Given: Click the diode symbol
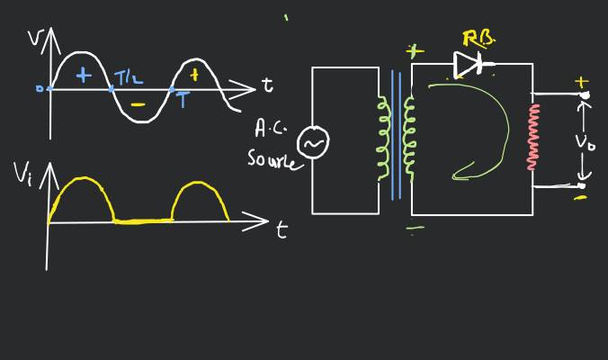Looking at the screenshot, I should click(469, 64).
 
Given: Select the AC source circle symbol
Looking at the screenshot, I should click(313, 142).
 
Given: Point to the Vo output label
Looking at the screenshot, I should click(585, 142).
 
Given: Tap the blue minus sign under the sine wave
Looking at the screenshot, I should click(137, 104).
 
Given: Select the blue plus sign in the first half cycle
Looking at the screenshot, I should click(84, 76).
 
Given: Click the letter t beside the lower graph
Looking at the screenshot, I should click(282, 230).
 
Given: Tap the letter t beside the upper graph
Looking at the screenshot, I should click(267, 85).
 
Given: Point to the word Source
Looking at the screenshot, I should click(270, 160).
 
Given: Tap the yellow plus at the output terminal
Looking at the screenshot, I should click(581, 83).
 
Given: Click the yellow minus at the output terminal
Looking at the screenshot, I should click(580, 196).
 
